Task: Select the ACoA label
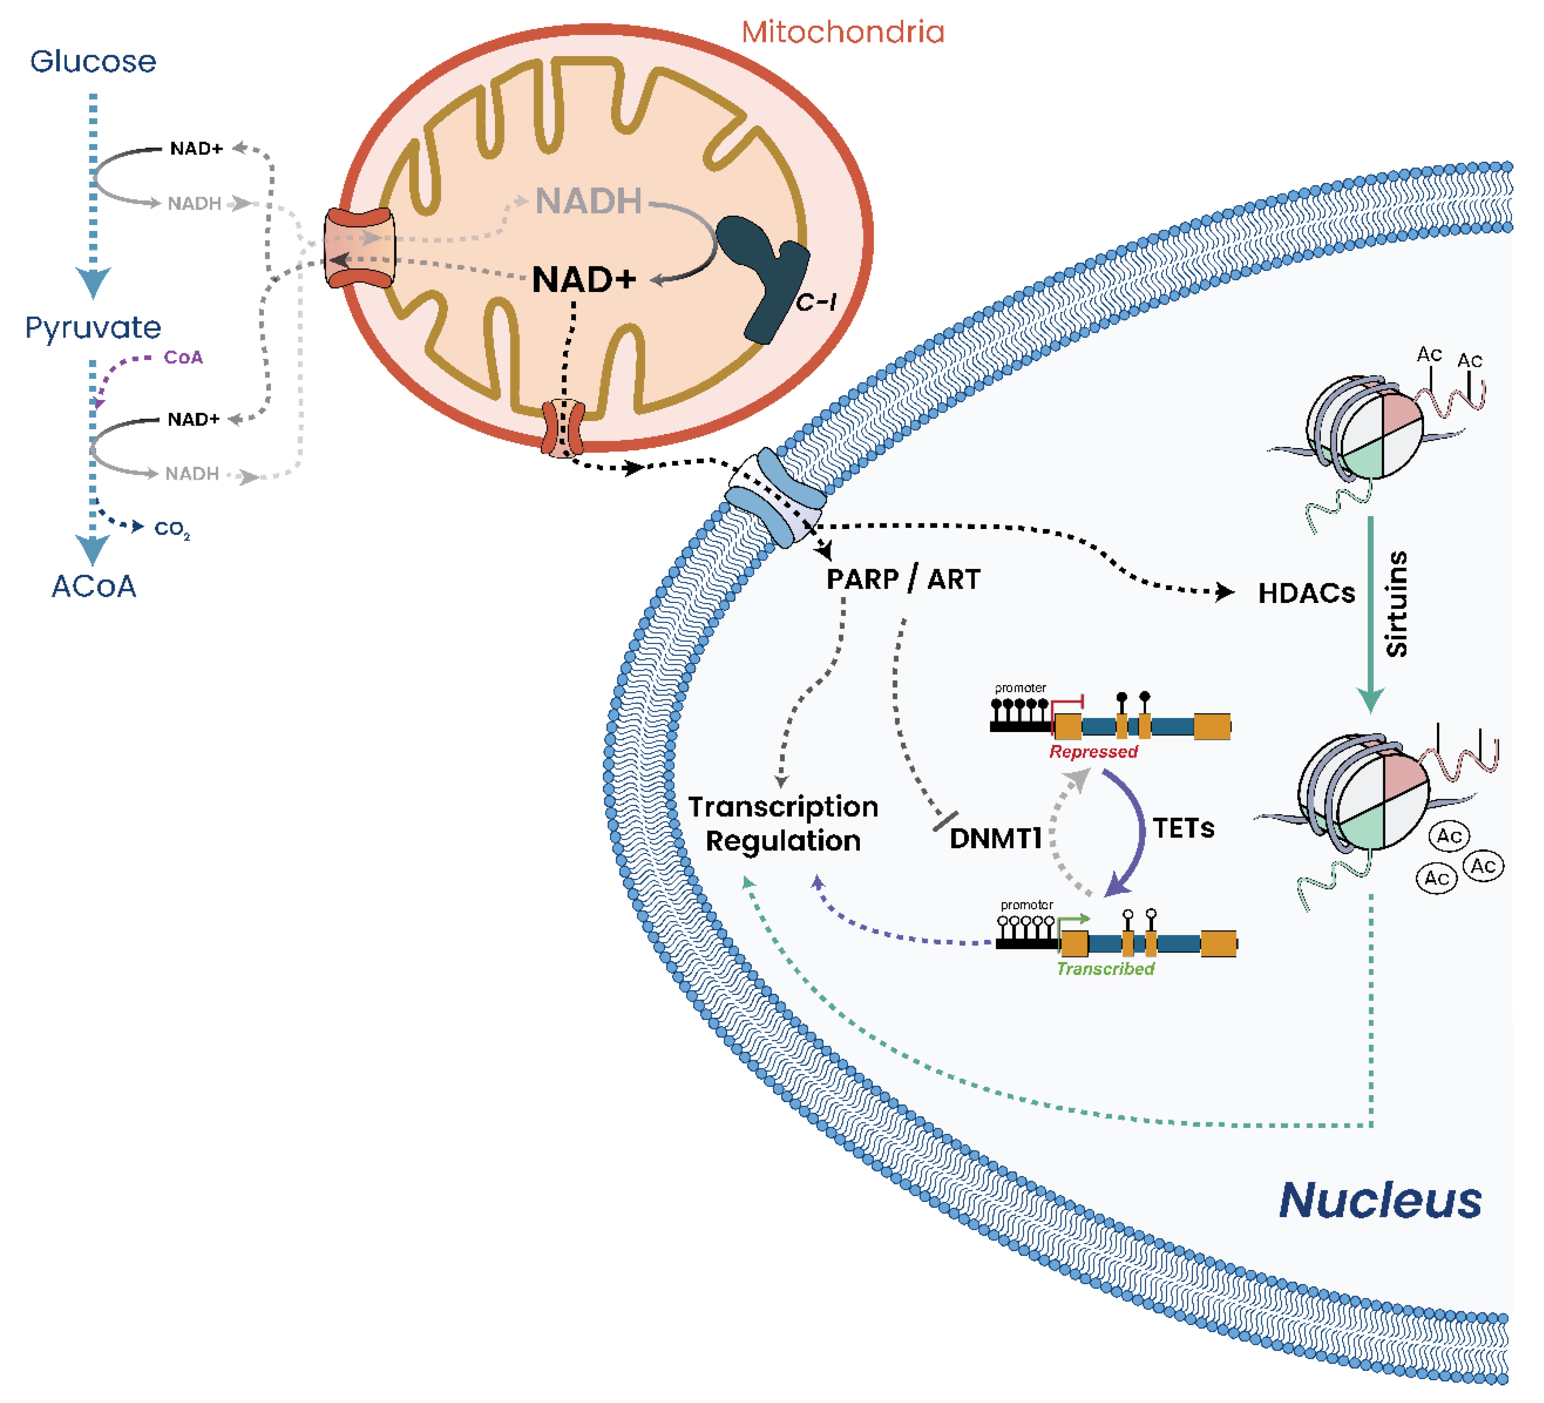coord(93,587)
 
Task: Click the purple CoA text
coord(183,358)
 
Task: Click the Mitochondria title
coord(843,32)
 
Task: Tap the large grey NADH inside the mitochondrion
coord(588,201)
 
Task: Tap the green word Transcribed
coord(1105,969)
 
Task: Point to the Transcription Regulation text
coord(783,824)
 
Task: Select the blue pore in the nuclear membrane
coord(776,498)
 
